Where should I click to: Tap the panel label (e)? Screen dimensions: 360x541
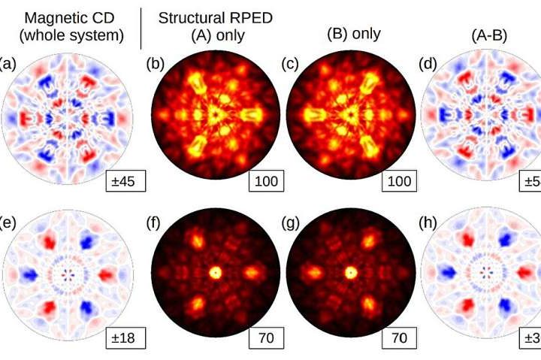pyautogui.click(x=6, y=223)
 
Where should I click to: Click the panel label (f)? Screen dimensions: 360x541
pyautogui.click(x=153, y=223)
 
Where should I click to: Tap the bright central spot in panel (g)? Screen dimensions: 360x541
pyautogui.click(x=350, y=271)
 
